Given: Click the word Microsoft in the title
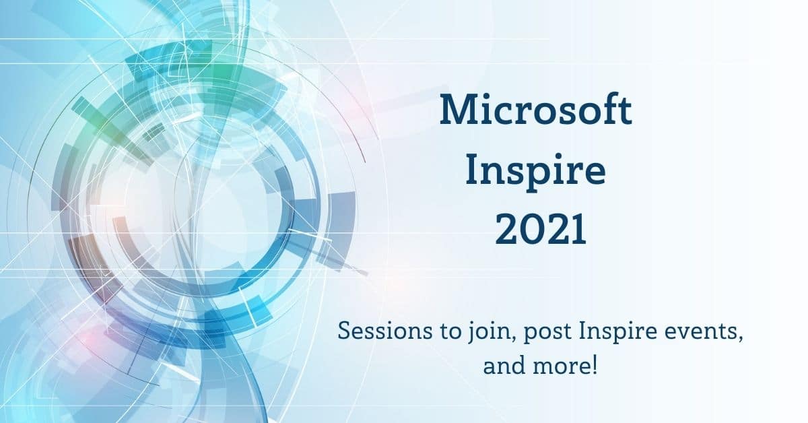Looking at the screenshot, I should pos(536,111).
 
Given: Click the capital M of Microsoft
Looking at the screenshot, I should pos(457,111).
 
